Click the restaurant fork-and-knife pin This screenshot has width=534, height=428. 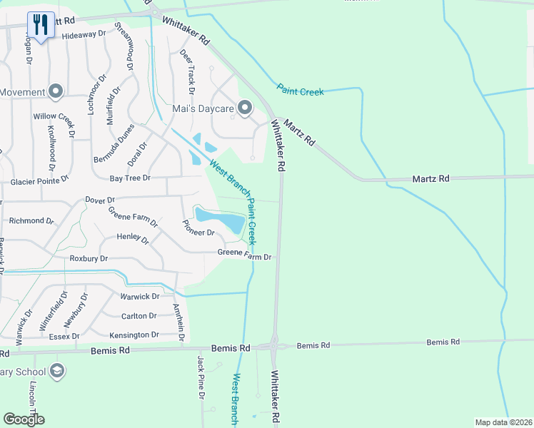41,25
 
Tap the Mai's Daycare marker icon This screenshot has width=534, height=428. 245,108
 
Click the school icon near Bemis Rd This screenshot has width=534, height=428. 57,372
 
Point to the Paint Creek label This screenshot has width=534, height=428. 300,91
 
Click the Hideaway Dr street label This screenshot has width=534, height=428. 84,34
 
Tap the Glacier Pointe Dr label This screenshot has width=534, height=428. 39,182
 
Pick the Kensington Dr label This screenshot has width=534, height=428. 134,335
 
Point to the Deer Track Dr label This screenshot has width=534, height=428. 187,71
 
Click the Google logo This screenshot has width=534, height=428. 24,419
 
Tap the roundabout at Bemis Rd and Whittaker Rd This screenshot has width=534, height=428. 274,347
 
